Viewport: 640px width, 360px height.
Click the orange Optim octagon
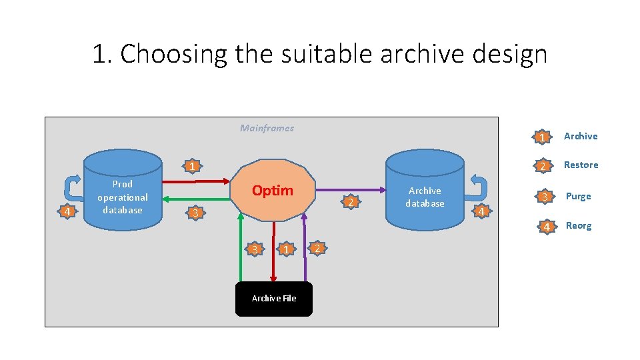click(273, 190)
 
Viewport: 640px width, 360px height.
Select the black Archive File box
click(273, 299)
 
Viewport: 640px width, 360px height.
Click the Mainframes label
click(267, 128)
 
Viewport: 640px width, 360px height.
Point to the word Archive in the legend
click(581, 136)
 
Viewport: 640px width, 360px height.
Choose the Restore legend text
click(581, 165)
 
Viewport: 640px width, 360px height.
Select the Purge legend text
click(579, 196)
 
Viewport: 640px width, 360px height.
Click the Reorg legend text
click(579, 225)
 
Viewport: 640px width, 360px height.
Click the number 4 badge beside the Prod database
click(66, 212)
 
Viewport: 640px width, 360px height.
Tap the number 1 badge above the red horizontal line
click(191, 166)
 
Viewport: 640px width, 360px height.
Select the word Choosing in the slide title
click(174, 53)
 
